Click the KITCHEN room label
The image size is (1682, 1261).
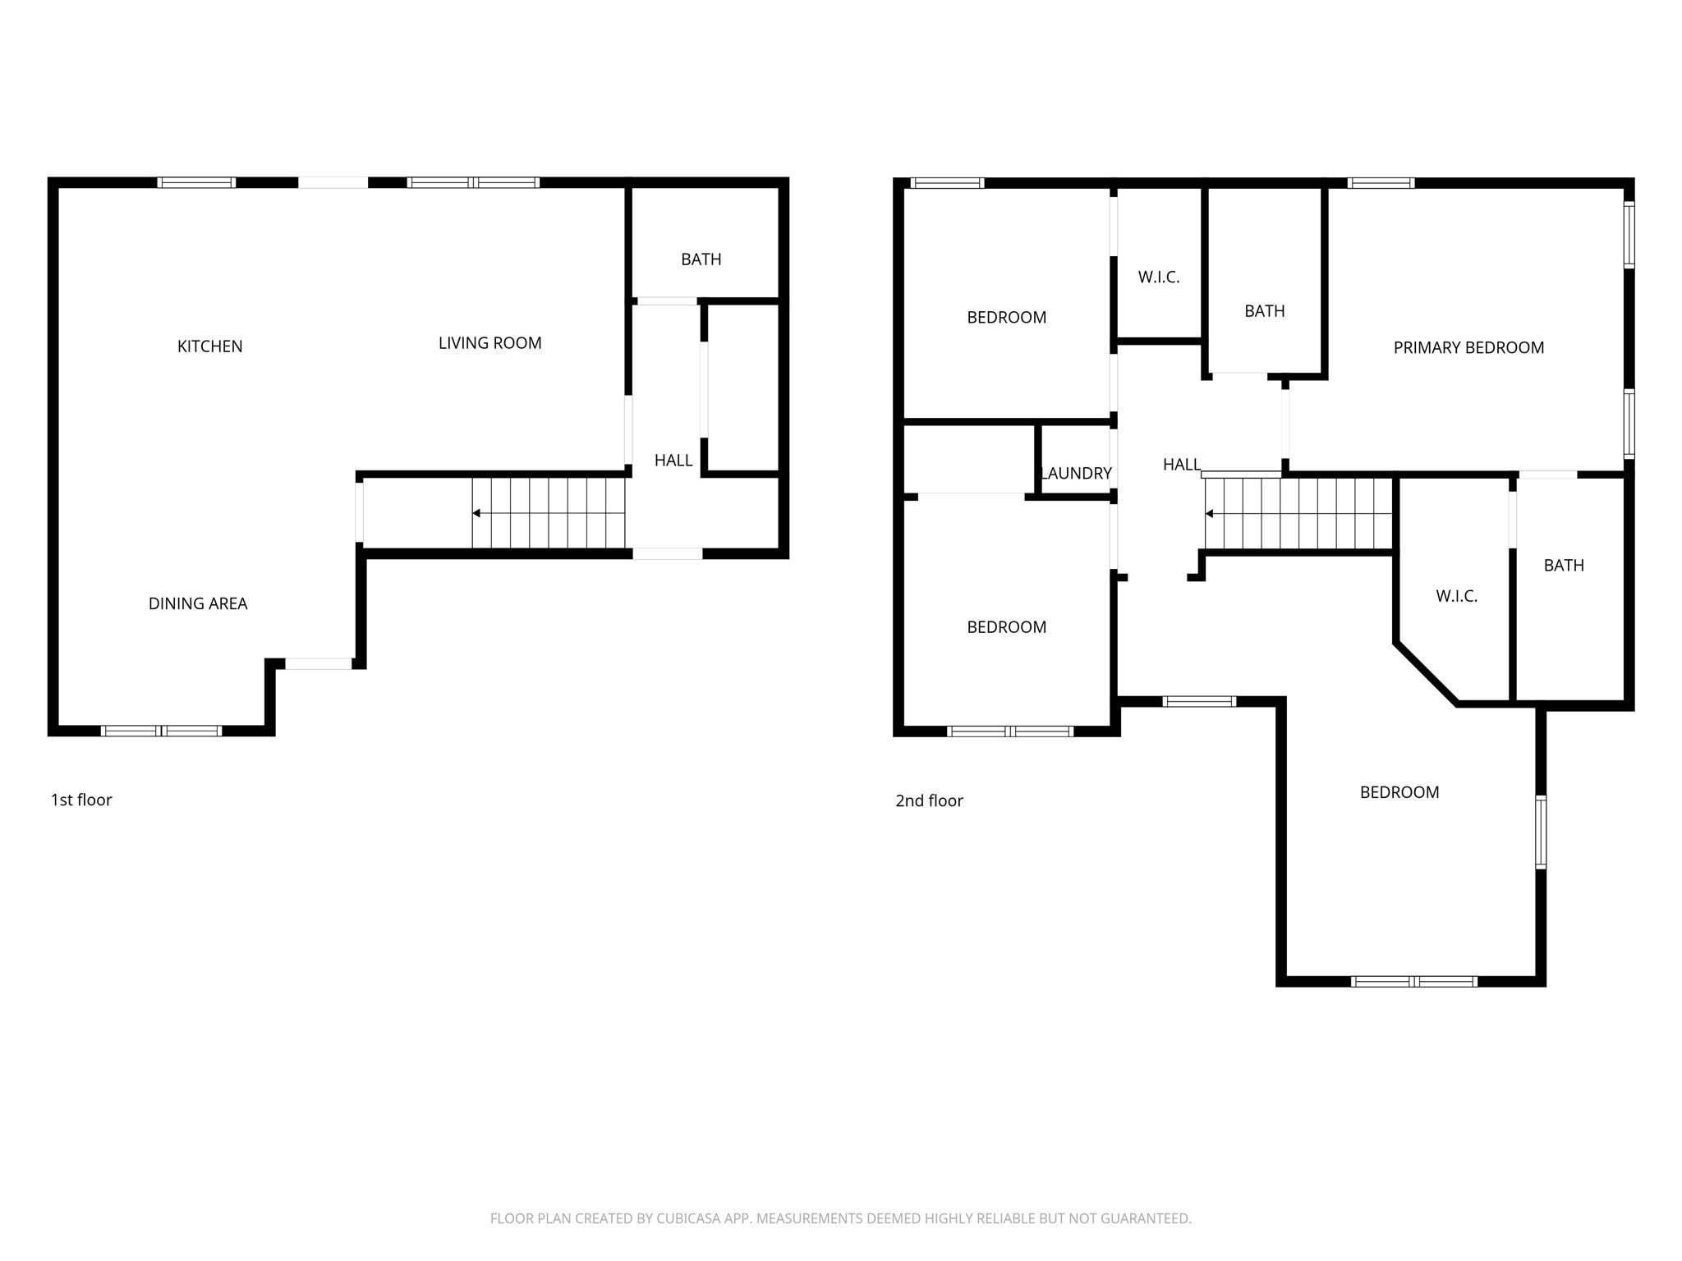coord(209,346)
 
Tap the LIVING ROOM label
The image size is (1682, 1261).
coord(489,343)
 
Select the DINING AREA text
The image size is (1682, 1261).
coord(197,603)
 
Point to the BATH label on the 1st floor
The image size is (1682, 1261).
coord(701,259)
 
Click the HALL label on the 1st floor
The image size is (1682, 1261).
coord(673,461)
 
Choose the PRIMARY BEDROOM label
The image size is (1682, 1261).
coord(1468,347)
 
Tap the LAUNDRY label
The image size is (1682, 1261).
coord(1076,473)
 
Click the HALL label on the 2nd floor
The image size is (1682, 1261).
coord(1182,465)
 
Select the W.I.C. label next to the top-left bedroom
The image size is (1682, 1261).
coord(1158,277)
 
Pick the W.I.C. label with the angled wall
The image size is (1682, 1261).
coord(1456,596)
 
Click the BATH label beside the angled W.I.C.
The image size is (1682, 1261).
coord(1564,565)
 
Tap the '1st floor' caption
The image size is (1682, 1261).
coord(81,800)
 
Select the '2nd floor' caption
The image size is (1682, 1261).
coord(929,800)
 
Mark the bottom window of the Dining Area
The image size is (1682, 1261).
coord(161,731)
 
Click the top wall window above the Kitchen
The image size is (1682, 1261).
coord(196,182)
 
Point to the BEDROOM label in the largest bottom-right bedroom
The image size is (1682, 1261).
coord(1399,792)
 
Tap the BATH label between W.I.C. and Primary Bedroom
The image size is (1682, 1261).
coord(1264,311)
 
